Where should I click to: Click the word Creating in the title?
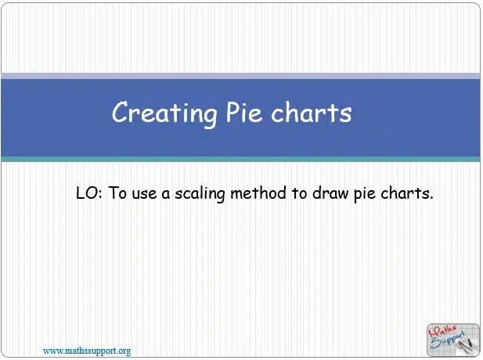click(165, 114)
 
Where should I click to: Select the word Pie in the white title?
click(244, 112)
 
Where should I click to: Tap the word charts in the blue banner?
click(312, 113)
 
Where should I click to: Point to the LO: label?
click(89, 193)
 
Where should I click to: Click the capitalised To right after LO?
click(117, 193)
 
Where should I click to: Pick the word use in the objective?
click(144, 195)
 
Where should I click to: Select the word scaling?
click(200, 194)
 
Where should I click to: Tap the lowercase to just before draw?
click(299, 194)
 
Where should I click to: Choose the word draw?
click(330, 193)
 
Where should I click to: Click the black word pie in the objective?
click(364, 195)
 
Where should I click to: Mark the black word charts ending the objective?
click(407, 193)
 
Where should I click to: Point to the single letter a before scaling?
click(166, 195)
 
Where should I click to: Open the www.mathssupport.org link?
click(87, 351)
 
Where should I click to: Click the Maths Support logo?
click(453, 340)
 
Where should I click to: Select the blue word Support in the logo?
click(447, 340)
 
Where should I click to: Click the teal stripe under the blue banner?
click(240, 159)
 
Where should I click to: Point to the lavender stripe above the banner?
click(240, 76)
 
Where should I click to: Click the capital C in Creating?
click(120, 112)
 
